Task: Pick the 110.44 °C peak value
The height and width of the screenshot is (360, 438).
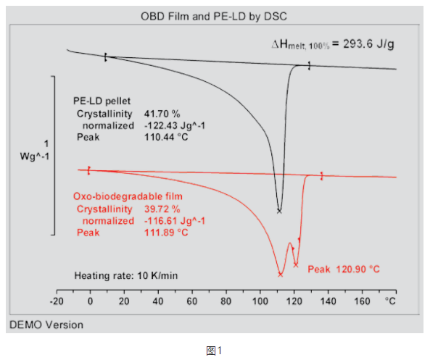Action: pos(167,137)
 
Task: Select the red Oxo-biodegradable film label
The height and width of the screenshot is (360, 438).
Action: pos(128,196)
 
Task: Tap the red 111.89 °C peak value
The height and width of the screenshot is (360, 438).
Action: pos(167,233)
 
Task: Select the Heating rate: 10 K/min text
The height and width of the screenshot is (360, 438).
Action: pos(126,275)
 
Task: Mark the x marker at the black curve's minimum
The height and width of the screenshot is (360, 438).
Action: pos(279,211)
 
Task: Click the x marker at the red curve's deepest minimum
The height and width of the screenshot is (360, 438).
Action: pos(280,274)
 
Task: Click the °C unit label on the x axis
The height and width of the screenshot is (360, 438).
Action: pos(391,300)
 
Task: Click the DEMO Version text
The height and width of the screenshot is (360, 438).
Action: pos(46,325)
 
